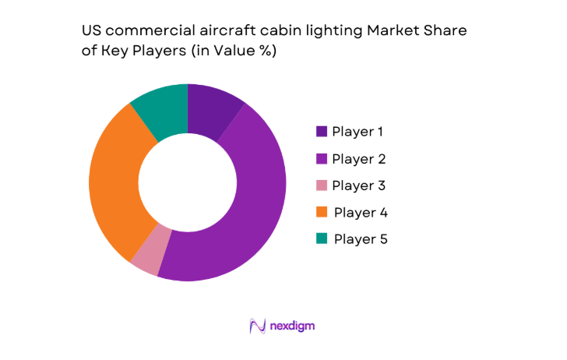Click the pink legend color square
321,186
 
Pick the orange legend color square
321,213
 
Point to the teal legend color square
321,239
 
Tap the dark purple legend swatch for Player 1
321,132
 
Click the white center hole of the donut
188,182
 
